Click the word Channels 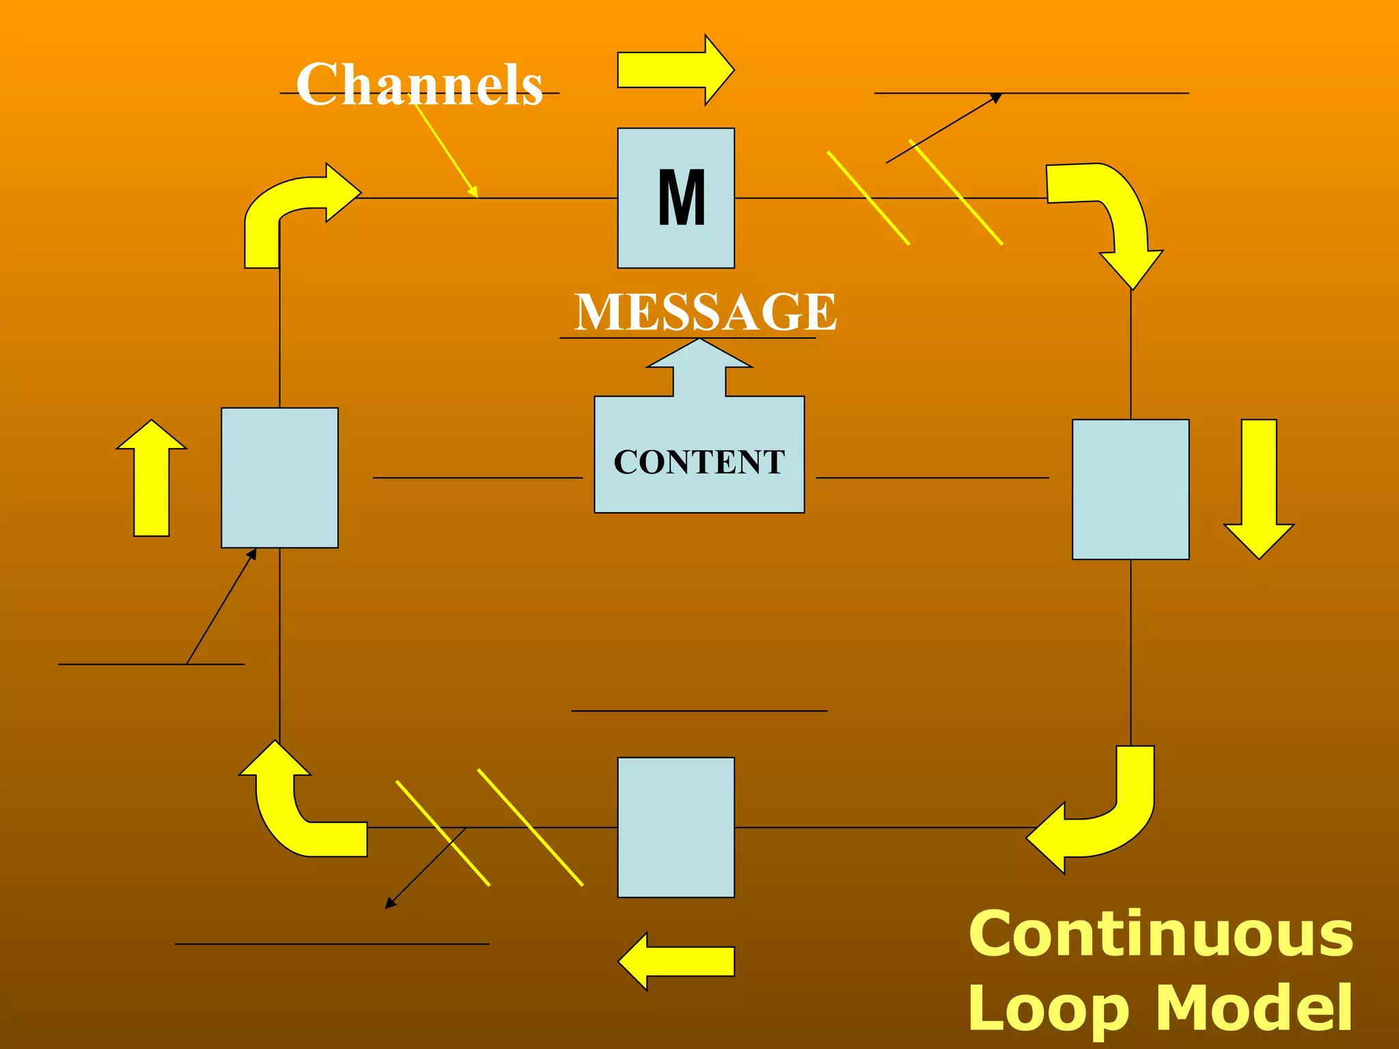point(419,85)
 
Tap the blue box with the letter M point(676,198)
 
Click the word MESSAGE point(705,312)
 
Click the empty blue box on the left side point(279,477)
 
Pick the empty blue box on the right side point(1131,489)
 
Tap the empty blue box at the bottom point(676,827)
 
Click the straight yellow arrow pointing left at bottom point(676,961)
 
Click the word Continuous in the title point(1160,934)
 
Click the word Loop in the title point(1048,1009)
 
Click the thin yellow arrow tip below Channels point(473,193)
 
